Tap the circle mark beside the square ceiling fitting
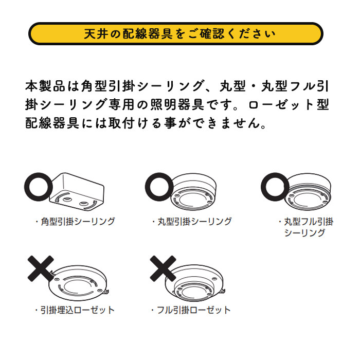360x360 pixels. (38, 187)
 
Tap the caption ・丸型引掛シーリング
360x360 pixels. (192, 222)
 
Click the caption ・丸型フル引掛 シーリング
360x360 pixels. (305, 227)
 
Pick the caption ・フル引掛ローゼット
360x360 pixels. (191, 310)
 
